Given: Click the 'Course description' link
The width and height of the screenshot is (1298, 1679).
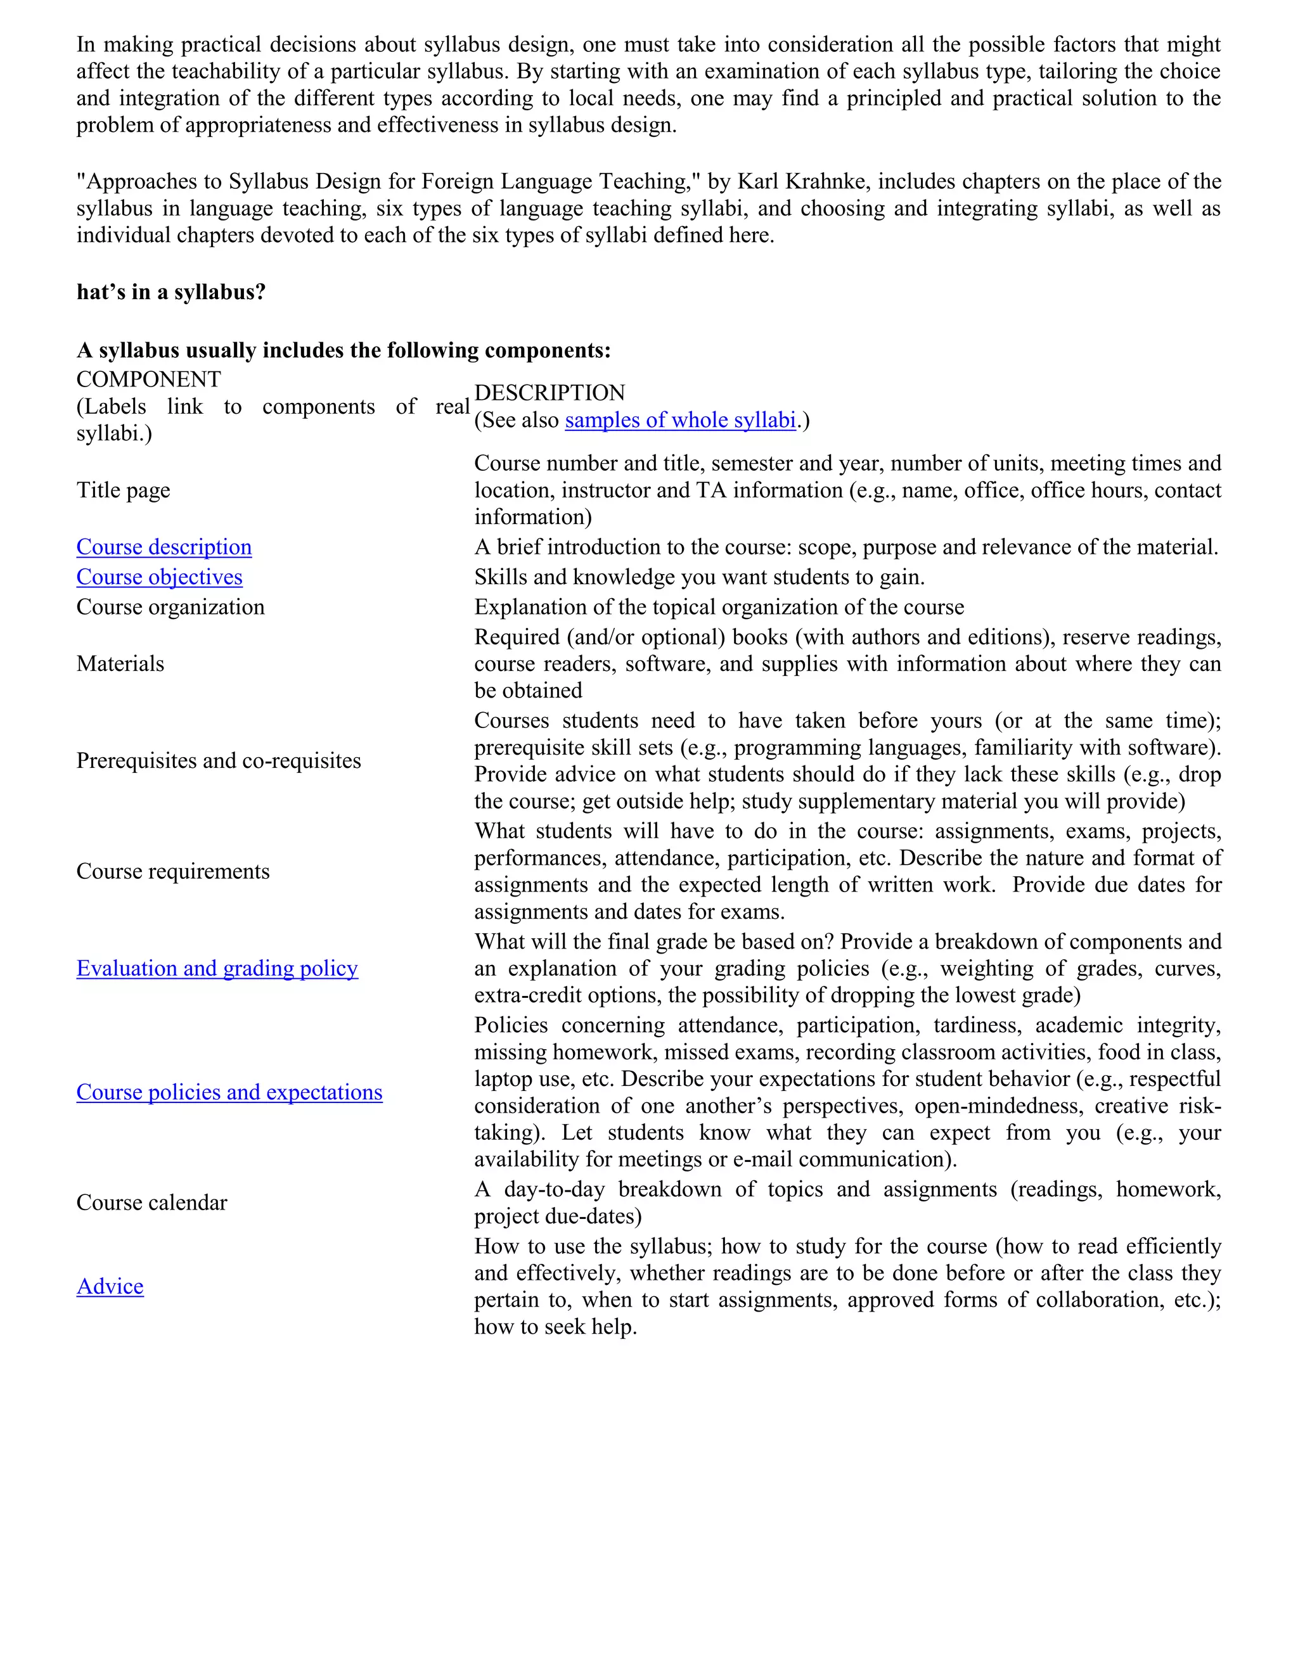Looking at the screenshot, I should (x=164, y=547).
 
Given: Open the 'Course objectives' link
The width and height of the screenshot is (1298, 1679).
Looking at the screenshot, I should (x=159, y=577).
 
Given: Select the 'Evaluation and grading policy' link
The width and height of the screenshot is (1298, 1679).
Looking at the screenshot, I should (x=217, y=968).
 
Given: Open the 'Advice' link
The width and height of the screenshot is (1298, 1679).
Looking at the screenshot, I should (x=110, y=1286).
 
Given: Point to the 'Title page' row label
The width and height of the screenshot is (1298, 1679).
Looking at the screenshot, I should (x=123, y=490).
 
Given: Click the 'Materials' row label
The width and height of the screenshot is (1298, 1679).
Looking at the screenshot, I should (x=120, y=663).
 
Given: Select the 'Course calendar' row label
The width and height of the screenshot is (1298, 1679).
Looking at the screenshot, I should (x=151, y=1203).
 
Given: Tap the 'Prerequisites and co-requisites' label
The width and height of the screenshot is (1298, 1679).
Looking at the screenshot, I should (x=219, y=760).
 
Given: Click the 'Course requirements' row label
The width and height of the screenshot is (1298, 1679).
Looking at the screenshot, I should (x=173, y=871).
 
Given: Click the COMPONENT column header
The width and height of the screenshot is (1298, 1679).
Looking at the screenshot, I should (x=148, y=379).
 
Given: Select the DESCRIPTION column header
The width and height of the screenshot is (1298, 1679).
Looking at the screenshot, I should (x=549, y=393).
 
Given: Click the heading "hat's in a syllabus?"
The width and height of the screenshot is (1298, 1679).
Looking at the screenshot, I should (x=170, y=292).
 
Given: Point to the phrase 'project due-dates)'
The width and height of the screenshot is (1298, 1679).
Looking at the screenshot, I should (x=558, y=1216).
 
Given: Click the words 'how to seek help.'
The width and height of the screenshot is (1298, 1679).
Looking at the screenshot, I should (x=555, y=1327).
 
